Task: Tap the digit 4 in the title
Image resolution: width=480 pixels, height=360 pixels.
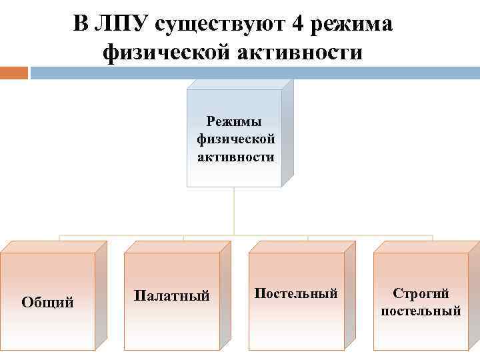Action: click(300, 24)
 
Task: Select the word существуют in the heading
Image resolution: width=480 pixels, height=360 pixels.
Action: click(222, 24)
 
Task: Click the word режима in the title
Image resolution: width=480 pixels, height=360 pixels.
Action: click(351, 24)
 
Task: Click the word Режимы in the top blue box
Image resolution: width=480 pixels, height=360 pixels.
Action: click(235, 121)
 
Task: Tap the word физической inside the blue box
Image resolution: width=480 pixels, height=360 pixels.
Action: click(235, 139)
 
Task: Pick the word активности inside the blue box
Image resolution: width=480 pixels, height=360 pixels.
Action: click(235, 157)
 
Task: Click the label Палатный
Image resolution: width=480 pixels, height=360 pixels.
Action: click(172, 295)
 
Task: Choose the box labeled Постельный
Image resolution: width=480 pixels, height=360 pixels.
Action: click(296, 293)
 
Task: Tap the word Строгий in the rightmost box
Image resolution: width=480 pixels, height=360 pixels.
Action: click(421, 293)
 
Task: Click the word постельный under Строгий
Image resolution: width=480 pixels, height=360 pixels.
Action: click(421, 311)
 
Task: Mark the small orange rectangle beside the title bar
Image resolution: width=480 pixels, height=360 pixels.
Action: click(13, 72)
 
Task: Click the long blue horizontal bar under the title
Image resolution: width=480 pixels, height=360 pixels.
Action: click(253, 72)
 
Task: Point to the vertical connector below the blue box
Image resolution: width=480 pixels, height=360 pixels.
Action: click(234, 210)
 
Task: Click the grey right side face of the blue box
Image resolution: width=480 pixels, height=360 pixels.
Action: click(288, 133)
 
